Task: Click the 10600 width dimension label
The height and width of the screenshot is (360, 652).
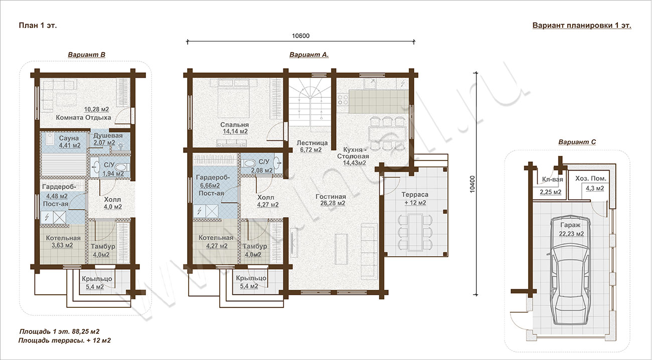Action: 301,36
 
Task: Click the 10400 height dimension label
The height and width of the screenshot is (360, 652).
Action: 472,184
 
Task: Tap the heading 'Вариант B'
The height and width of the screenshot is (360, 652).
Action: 86,55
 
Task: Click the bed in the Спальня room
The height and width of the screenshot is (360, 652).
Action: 233,97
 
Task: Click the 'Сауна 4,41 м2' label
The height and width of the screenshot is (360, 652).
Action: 70,142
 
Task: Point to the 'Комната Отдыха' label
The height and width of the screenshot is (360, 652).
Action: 83,117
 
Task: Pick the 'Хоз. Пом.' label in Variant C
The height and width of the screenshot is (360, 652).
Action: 591,178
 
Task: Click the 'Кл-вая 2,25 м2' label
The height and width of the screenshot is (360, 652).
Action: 551,186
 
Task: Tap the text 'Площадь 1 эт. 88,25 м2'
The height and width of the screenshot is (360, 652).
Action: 59,331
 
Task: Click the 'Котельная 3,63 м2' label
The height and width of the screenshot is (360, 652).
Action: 63,241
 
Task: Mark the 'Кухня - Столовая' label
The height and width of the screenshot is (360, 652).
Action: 353,153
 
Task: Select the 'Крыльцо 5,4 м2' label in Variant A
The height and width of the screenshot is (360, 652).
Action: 251,282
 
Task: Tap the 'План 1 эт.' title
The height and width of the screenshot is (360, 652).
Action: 38,26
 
